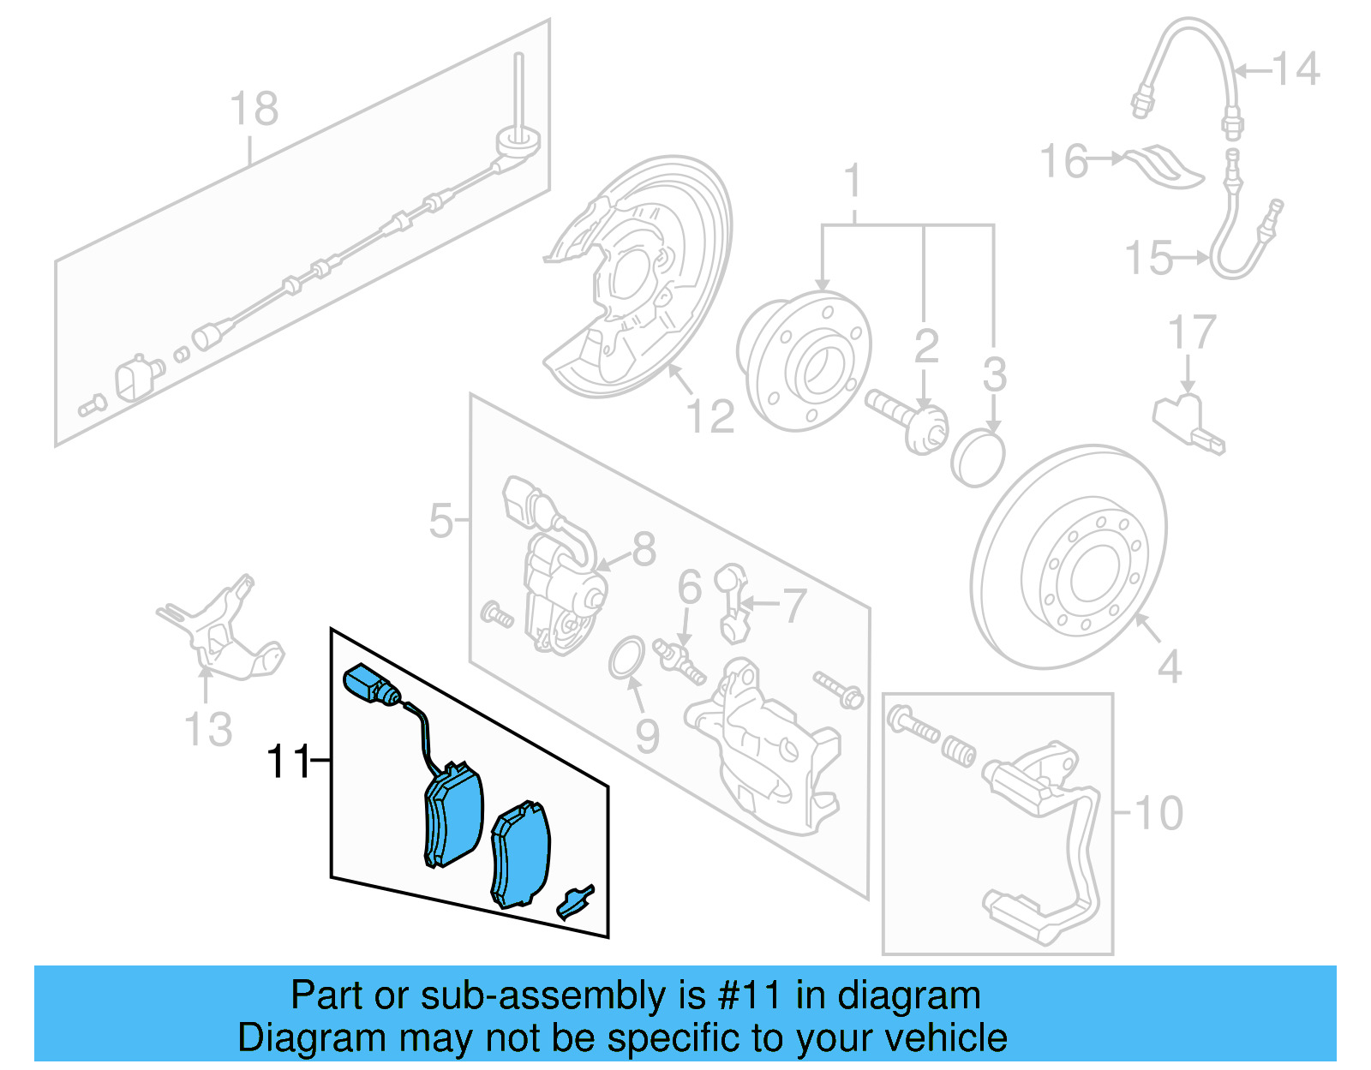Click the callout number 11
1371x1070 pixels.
(288, 761)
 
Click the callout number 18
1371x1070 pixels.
(254, 110)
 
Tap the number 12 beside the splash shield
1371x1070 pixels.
(710, 417)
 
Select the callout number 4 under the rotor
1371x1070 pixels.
(1170, 667)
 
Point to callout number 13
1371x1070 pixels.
(208, 729)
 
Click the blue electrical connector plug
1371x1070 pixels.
(363, 686)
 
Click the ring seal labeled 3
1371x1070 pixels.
(977, 460)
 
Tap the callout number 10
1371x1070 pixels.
(1159, 812)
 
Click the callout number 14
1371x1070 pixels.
(1296, 69)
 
